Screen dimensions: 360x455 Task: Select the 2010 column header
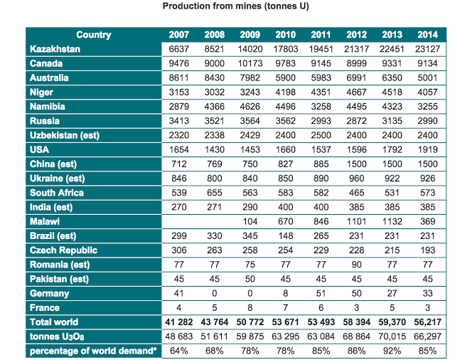[x=285, y=36]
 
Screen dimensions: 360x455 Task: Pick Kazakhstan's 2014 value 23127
[x=427, y=49]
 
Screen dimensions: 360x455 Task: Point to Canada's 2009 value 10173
[x=250, y=63]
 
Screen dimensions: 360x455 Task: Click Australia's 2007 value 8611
[x=179, y=78]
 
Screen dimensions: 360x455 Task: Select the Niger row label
[x=42, y=92]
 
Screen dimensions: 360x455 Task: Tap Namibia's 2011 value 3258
[x=321, y=106]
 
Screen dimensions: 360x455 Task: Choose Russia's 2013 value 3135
[x=392, y=121]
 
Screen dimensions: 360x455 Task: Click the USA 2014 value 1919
[x=427, y=149]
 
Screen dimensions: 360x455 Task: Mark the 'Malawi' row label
[x=46, y=221]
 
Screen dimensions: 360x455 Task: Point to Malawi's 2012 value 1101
[x=356, y=221]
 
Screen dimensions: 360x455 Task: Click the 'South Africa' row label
[x=57, y=192]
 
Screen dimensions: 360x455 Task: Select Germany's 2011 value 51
[x=321, y=292]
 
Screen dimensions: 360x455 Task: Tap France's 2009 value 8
[x=250, y=307]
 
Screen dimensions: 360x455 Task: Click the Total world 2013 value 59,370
[x=392, y=322]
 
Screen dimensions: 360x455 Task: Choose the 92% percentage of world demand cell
[x=392, y=350]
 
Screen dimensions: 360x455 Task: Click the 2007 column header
[x=179, y=36]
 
